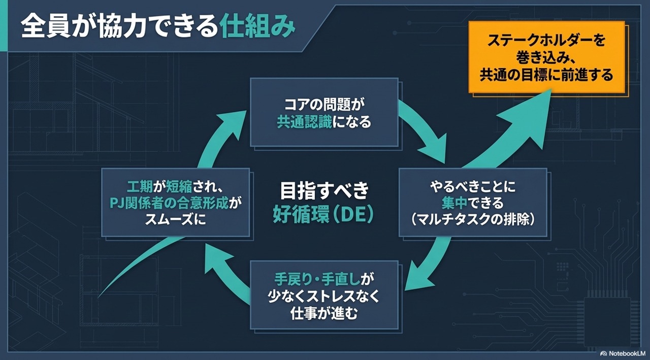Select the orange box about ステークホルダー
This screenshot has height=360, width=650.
pyautogui.click(x=547, y=57)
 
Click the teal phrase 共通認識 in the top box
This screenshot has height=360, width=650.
pyautogui.click(x=304, y=122)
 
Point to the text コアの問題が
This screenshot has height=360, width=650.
pyautogui.click(x=324, y=105)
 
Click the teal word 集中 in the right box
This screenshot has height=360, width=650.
pyautogui.click(x=454, y=203)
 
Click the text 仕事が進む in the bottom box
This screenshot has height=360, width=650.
pyautogui.click(x=324, y=314)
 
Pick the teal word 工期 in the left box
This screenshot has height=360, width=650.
pyautogui.click(x=140, y=187)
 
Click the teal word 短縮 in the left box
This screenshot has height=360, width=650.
pyautogui.click(x=179, y=187)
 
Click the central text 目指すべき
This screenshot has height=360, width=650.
pyautogui.click(x=324, y=191)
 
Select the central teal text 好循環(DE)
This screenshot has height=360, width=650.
pyautogui.click(x=323, y=215)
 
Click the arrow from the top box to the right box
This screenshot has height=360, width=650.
pyautogui.click(x=424, y=130)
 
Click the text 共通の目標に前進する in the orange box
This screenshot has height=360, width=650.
pyautogui.click(x=546, y=75)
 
